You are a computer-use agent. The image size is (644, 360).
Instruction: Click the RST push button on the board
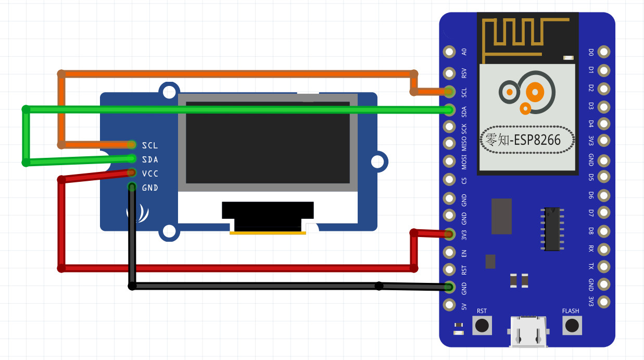[x=482, y=326]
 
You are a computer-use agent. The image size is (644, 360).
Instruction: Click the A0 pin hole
[x=449, y=52]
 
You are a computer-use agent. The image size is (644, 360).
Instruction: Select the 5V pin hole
[x=449, y=305]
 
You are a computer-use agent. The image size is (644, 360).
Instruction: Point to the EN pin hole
[x=449, y=253]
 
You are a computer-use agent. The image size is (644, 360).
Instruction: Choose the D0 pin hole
[x=603, y=52]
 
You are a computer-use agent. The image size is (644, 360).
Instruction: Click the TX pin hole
[x=603, y=266]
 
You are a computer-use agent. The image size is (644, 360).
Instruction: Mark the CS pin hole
[x=449, y=180]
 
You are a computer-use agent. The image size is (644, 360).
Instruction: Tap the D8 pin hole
[x=603, y=231]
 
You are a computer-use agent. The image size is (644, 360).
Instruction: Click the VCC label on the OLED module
[x=150, y=173]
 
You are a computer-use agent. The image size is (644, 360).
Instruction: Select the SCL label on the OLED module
[x=150, y=145]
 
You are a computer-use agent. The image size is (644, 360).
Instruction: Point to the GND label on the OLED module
[x=150, y=188]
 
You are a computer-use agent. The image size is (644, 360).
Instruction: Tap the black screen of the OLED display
[x=268, y=142]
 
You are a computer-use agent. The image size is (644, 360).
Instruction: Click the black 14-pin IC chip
[x=552, y=229]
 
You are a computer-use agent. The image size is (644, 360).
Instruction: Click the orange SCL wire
[x=234, y=74]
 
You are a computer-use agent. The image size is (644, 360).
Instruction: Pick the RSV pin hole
[x=449, y=73]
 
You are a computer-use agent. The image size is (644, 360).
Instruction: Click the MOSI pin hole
[x=449, y=162]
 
